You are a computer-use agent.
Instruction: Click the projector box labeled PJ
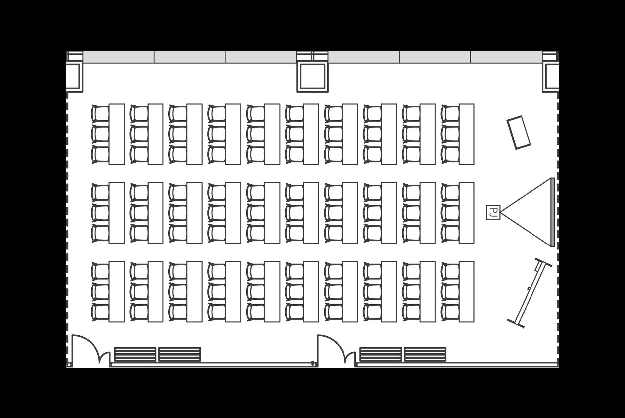[493, 212]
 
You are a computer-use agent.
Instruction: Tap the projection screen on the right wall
[552, 212]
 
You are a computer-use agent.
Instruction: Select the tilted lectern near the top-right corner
[519, 132]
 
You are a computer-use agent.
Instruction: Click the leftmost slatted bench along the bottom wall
[135, 354]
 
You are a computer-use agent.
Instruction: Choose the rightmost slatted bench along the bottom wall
[425, 354]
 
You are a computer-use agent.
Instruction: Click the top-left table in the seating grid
[117, 134]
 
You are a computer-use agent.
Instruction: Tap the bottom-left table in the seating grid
[117, 292]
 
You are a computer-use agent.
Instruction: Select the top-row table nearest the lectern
[467, 134]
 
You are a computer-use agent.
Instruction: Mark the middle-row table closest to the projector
[467, 213]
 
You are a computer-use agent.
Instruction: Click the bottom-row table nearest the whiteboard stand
[467, 292]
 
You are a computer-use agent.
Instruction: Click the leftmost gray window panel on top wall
[118, 57]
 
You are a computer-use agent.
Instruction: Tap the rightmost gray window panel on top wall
[507, 57]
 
